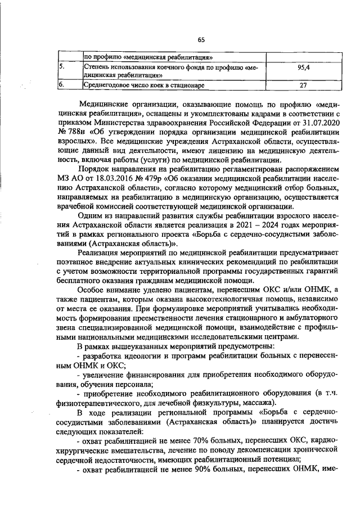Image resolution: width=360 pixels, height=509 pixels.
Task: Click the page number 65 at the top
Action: (x=201, y=39)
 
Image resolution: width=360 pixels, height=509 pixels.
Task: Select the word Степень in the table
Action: (x=97, y=67)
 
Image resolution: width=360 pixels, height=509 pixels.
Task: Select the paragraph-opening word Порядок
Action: (x=95, y=169)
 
